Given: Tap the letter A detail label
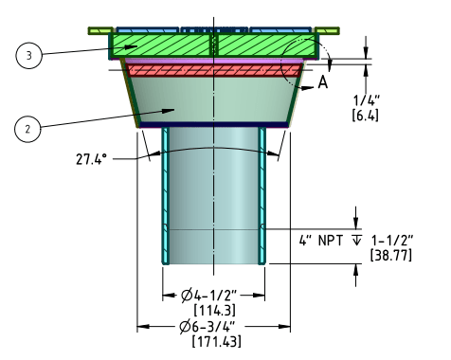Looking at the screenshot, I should point(323,82).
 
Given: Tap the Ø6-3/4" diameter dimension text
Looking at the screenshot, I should point(214,329).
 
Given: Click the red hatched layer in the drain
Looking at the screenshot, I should point(213,70).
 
